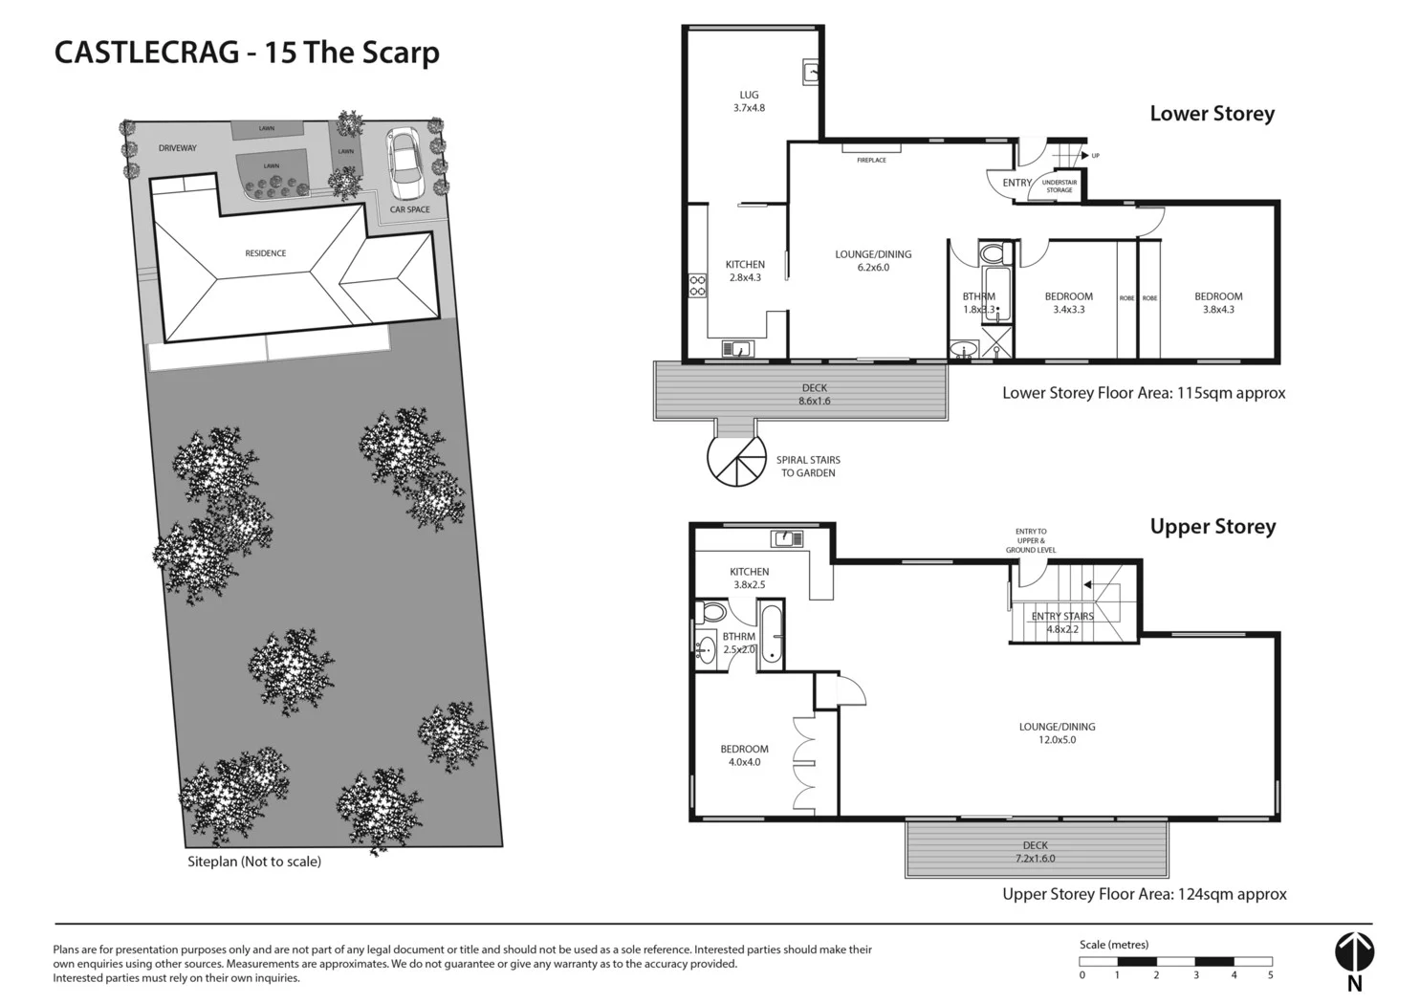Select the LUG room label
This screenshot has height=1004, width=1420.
coord(749,95)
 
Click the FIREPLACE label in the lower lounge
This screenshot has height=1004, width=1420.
coord(871,160)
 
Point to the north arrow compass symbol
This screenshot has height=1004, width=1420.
coord(1354,952)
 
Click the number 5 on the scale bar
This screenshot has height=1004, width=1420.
coord(1270,975)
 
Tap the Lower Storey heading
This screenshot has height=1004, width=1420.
coord(1212,114)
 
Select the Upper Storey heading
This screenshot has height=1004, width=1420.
coord(1212,527)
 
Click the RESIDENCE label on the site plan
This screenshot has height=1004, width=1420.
coord(265,253)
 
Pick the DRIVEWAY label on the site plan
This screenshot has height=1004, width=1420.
coord(178,148)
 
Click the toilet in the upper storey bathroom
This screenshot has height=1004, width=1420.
coord(712,612)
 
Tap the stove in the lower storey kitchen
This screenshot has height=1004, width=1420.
coord(698,285)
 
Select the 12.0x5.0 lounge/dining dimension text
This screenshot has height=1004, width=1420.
coord(1057,740)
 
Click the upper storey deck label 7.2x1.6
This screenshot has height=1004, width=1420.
coord(1035,858)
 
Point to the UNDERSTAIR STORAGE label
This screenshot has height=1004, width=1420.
coord(1059,186)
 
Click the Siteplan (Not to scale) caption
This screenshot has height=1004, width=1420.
coord(254,862)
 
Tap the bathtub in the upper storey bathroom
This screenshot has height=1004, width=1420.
coord(771,635)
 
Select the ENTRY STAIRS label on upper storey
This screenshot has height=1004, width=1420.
coord(1061,617)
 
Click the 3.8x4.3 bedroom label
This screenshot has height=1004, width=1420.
coord(1218,310)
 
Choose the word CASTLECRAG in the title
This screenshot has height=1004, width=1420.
coord(146,52)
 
